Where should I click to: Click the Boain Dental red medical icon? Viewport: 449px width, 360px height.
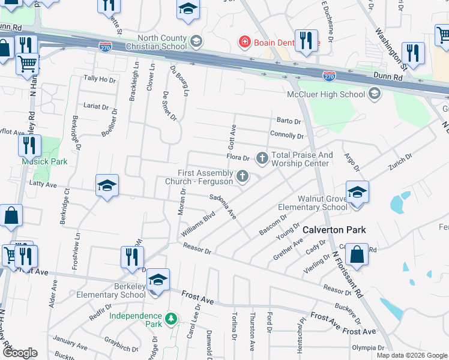pyautogui.click(x=244, y=41)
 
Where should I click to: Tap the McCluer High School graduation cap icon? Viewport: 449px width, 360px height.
pyautogui.click(x=375, y=94)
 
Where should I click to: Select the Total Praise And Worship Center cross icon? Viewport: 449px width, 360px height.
pyautogui.click(x=262, y=158)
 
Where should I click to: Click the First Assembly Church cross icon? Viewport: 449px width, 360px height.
pyautogui.click(x=243, y=176)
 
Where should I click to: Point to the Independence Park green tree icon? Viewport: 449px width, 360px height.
pyautogui.click(x=172, y=319)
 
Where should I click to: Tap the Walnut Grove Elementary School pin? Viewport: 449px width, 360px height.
pyautogui.click(x=357, y=193)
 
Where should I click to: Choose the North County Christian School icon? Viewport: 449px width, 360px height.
pyautogui.click(x=195, y=41)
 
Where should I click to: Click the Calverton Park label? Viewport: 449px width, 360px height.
pyautogui.click(x=334, y=230)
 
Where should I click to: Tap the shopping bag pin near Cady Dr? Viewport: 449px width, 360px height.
pyautogui.click(x=357, y=254)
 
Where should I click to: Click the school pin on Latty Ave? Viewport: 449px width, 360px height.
pyautogui.click(x=107, y=186)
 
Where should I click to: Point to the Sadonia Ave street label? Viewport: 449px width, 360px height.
pyautogui.click(x=223, y=206)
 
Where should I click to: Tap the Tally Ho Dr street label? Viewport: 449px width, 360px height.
pyautogui.click(x=99, y=79)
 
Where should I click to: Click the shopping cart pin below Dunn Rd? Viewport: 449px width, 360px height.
pyautogui.click(x=27, y=63)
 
